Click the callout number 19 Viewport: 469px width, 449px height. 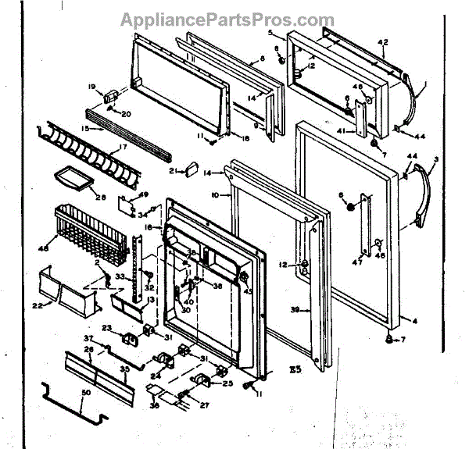pyautogui.click(x=91, y=87)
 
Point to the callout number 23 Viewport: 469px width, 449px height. pyautogui.click(x=106, y=328)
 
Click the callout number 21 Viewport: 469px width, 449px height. pyautogui.click(x=171, y=170)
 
